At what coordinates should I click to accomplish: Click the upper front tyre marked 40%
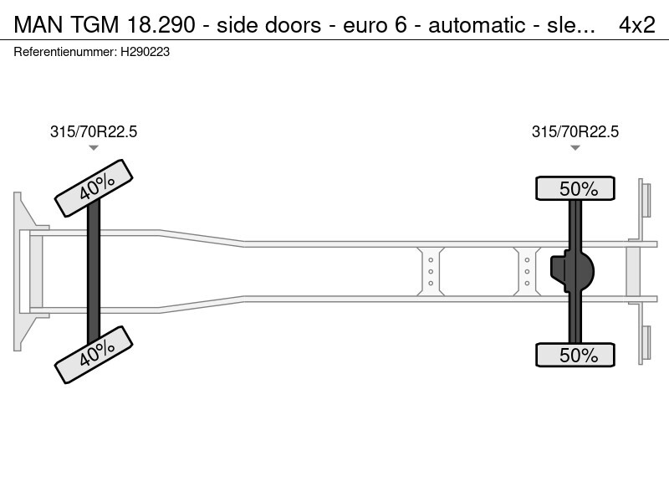pyautogui.click(x=94, y=188)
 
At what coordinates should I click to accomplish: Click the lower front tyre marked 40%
pyautogui.click(x=94, y=355)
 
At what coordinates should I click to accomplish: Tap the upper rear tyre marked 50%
pyautogui.click(x=575, y=188)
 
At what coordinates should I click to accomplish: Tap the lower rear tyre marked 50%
pyautogui.click(x=575, y=355)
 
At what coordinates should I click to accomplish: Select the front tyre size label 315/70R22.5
pyautogui.click(x=94, y=132)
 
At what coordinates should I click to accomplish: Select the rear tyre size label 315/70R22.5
pyautogui.click(x=575, y=132)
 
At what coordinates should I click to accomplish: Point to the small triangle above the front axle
pyautogui.click(x=94, y=148)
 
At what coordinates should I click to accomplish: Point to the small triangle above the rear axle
pyautogui.click(x=575, y=148)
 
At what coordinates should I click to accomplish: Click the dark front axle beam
pyautogui.click(x=94, y=271)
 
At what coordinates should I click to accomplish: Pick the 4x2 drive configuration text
pyautogui.click(x=637, y=25)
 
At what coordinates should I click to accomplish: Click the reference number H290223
pyautogui.click(x=145, y=52)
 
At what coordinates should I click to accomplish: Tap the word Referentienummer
pyautogui.click(x=64, y=52)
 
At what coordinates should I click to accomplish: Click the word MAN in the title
pyautogui.click(x=38, y=25)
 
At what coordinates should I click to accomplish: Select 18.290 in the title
pyautogui.click(x=161, y=25)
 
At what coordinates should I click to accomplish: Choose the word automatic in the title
pyautogui.click(x=477, y=25)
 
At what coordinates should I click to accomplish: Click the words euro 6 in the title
pyautogui.click(x=375, y=25)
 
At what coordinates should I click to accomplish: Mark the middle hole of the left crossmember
pyautogui.click(x=431, y=271)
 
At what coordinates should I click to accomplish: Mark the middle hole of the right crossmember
pyautogui.click(x=527, y=271)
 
